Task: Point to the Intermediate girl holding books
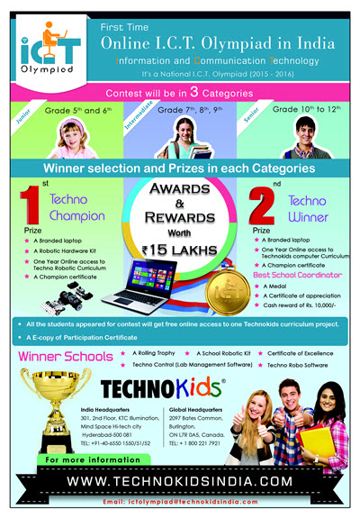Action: [x=179, y=135]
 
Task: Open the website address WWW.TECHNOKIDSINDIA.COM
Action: [x=179, y=481]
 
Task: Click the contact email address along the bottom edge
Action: [x=180, y=500]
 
